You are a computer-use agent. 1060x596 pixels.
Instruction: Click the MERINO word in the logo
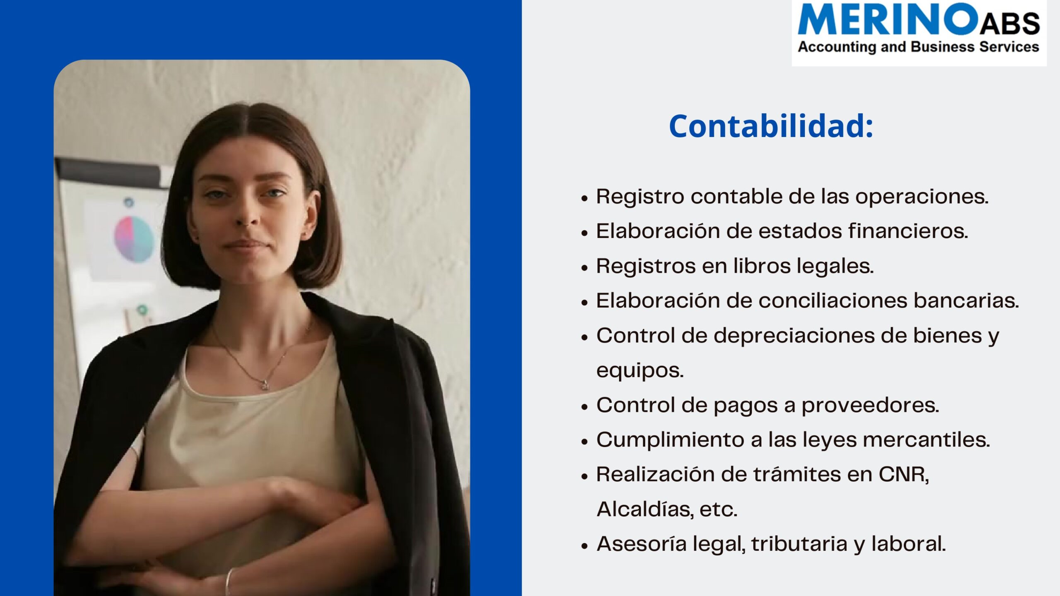pos(888,19)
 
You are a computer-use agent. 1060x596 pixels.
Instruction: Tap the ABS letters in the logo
pos(1009,24)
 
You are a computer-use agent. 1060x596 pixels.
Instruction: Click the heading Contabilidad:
pos(771,126)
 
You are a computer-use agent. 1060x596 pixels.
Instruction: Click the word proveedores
pos(870,405)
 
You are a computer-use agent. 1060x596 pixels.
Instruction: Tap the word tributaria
pos(799,544)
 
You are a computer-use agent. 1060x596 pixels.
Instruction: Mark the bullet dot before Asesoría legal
pos(585,546)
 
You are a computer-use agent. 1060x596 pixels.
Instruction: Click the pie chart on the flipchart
pos(134,239)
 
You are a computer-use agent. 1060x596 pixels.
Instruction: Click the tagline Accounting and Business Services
pos(918,47)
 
